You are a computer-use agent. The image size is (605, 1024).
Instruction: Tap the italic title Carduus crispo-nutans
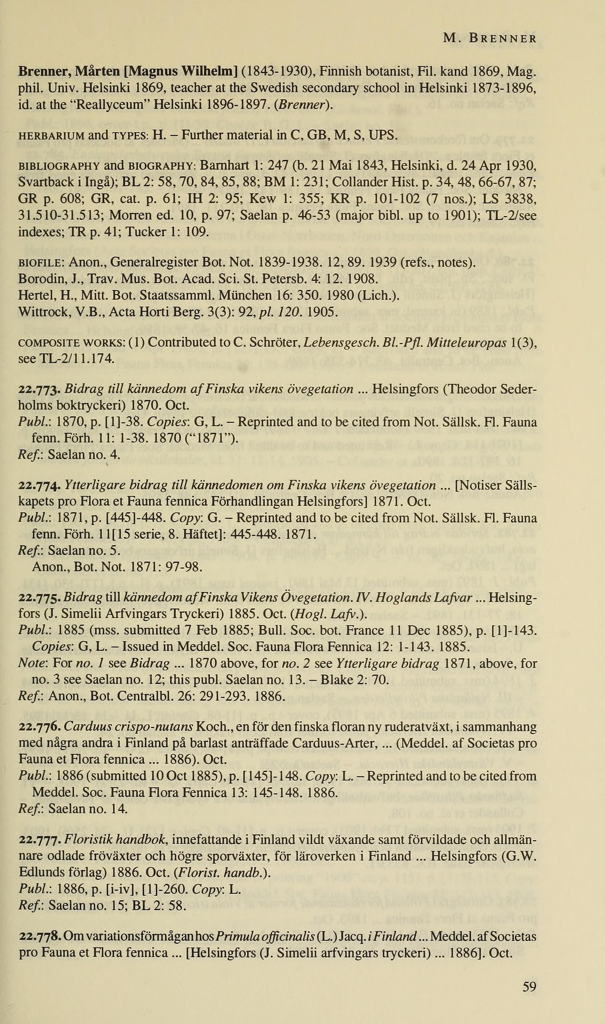(129, 727)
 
